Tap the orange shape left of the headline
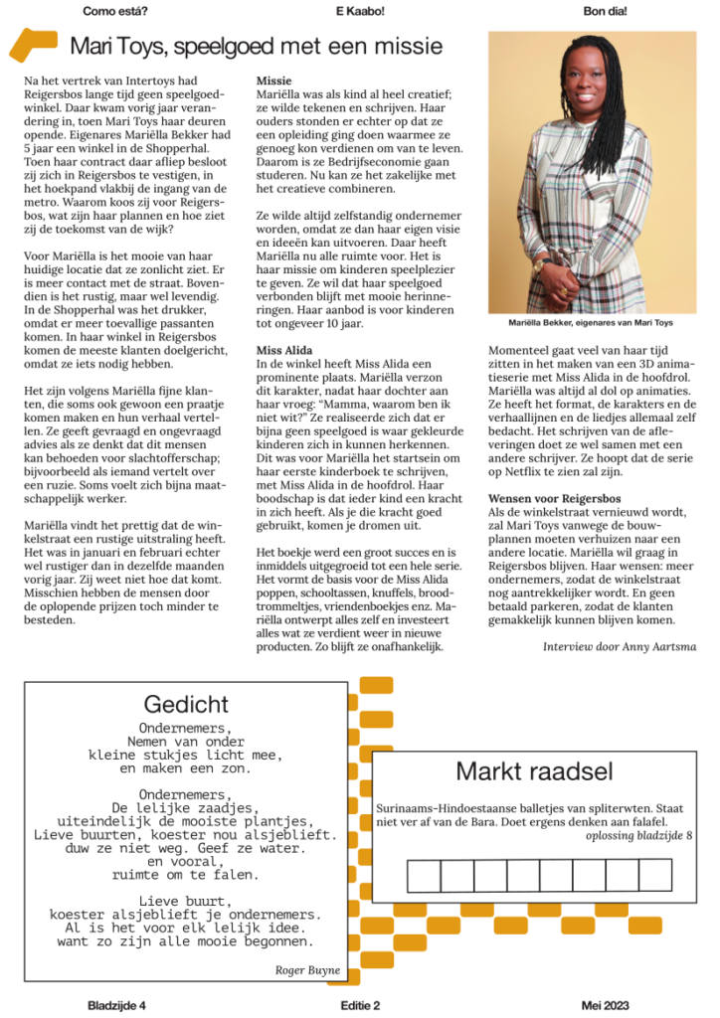point(33,45)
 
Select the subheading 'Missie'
point(273,79)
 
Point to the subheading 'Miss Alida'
point(284,350)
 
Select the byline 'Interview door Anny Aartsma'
point(618,646)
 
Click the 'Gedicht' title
point(186,705)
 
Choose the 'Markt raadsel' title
point(534,771)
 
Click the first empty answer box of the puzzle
point(424,875)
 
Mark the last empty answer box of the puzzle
point(655,875)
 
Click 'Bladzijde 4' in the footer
point(116,1005)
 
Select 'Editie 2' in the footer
point(360,1005)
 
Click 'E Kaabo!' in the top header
point(360,11)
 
